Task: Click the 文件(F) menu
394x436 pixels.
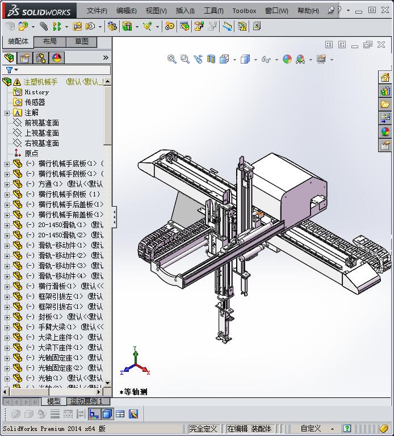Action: click(97, 10)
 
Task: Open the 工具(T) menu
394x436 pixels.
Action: click(213, 10)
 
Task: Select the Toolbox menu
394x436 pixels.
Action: click(244, 10)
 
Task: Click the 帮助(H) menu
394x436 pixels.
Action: click(308, 10)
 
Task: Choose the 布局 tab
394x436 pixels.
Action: click(49, 41)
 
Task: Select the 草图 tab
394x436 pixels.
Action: click(81, 41)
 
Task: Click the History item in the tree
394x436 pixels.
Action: click(36, 92)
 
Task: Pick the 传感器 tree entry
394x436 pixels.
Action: click(35, 102)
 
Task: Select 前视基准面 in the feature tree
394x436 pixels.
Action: click(41, 123)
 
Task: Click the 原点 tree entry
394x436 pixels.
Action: click(31, 153)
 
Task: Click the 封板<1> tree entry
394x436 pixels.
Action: click(52, 317)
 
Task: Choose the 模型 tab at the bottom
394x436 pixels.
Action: click(53, 401)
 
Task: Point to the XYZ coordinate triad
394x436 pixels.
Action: click(135, 364)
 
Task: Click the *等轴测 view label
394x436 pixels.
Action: click(134, 392)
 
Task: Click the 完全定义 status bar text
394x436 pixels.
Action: click(203, 429)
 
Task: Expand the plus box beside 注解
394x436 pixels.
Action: click(7, 113)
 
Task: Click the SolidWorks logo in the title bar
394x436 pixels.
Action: click(39, 10)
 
